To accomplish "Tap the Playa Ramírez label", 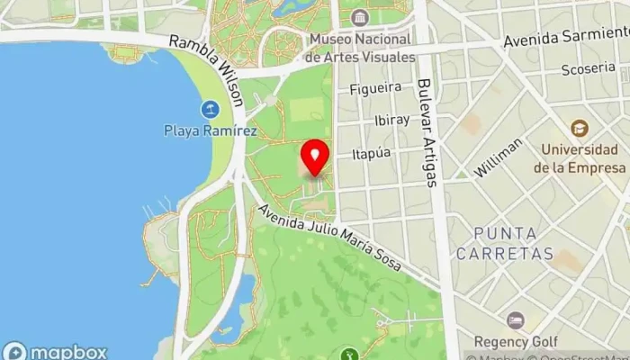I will point(211,131).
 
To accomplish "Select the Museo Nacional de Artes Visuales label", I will point(360,48).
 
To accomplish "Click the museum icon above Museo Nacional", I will point(360,18).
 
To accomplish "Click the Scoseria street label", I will point(587,70).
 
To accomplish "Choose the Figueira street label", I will point(376,89).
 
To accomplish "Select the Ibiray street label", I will point(391,120).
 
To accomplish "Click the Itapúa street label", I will point(372,153).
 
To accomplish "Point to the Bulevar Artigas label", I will point(427,132).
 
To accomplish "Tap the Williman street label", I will point(500,157).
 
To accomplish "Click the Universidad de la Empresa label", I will point(579,159).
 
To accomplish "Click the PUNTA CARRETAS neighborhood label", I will point(504,243).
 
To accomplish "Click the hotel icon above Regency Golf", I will point(515,320).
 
